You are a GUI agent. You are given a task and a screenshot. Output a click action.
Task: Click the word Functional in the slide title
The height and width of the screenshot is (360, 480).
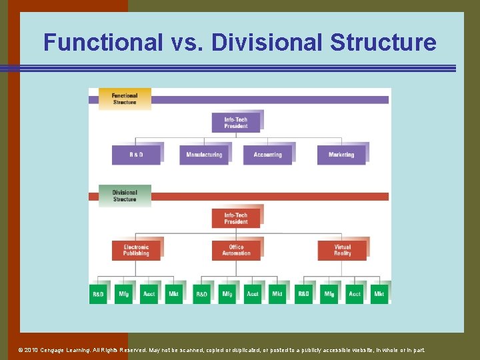103,43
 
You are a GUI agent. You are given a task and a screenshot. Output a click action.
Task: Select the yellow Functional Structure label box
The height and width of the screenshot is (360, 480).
125,99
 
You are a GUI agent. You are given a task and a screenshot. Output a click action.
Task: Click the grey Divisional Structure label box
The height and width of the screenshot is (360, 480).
125,196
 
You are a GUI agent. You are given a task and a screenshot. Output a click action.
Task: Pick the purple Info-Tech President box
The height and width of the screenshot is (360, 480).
236,123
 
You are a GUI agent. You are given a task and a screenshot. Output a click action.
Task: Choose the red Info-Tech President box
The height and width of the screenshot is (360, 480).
236,218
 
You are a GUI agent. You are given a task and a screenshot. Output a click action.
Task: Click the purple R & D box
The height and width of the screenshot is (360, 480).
136,155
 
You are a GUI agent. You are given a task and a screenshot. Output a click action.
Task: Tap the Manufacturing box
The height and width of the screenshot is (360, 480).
204,155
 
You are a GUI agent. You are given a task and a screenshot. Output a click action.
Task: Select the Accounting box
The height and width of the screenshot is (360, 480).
267,155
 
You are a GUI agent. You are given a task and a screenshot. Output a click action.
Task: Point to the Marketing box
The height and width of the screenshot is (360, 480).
341,155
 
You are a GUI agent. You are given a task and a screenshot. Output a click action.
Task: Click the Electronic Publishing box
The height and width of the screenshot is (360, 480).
136,250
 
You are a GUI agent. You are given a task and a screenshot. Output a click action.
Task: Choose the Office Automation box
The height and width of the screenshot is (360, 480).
236,250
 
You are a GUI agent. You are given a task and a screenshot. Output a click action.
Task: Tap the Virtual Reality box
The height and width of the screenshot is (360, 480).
342,250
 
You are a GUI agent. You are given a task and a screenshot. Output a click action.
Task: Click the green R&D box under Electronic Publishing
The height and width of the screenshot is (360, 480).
98,293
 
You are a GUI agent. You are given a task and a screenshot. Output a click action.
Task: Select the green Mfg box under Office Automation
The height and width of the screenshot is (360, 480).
227,293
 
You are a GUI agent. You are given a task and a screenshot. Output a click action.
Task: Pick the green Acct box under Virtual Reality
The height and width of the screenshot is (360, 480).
355,293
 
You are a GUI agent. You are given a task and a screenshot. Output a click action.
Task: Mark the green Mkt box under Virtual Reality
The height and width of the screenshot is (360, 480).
379,293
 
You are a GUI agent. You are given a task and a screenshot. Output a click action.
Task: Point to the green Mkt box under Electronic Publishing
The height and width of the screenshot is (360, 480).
174,293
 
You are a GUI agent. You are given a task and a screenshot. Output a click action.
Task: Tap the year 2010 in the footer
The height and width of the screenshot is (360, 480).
31,350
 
